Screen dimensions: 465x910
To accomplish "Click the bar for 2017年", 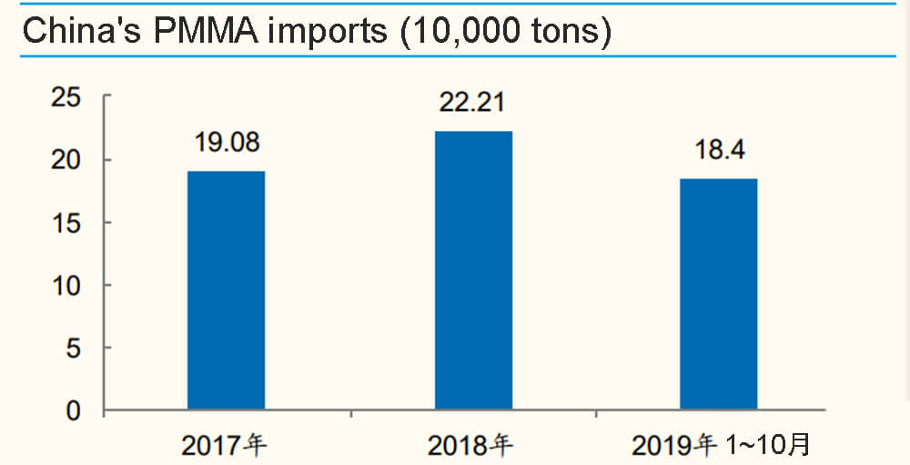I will [226, 290].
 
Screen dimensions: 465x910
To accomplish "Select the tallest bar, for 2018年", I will [473, 270].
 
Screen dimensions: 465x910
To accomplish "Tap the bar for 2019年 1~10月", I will [719, 294].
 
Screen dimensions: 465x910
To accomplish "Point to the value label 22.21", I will [473, 104].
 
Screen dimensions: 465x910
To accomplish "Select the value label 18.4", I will [719, 150].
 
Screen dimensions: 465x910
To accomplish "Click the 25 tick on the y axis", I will [66, 96].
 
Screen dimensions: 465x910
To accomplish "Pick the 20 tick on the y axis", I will [66, 160].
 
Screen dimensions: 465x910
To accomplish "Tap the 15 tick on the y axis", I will [66, 223].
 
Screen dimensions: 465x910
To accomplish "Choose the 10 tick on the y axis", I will [66, 286].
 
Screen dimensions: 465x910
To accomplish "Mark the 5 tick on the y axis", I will [74, 349].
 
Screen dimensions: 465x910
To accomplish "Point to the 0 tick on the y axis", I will [74, 411].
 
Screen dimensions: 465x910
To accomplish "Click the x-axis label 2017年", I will [227, 446].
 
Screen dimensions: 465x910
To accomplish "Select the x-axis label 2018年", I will [472, 446].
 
